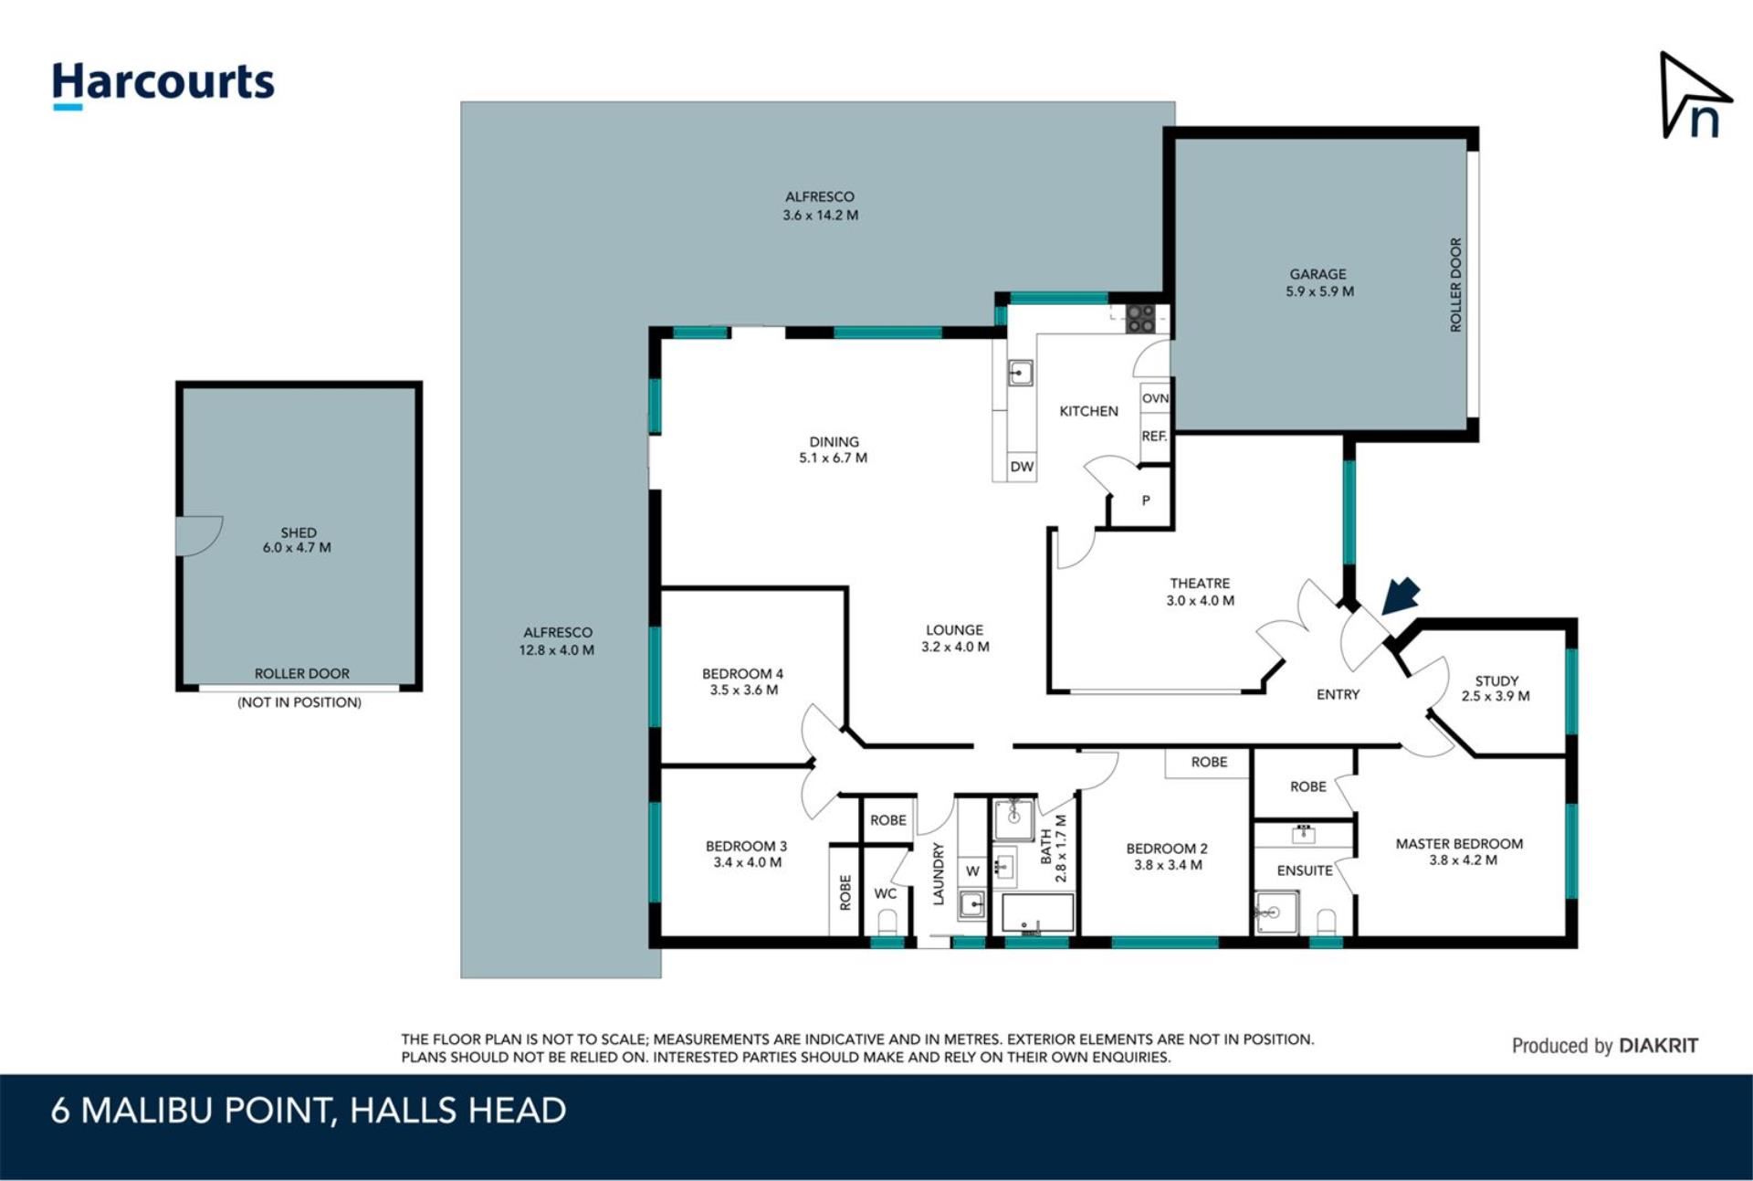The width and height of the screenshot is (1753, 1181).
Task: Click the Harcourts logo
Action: coord(163,86)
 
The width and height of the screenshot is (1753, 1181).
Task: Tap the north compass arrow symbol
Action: coord(1694,96)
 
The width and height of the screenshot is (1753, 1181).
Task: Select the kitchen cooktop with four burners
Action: coord(1140,318)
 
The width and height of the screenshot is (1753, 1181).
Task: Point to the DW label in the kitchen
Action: coord(1022,467)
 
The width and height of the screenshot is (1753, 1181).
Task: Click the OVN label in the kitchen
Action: coord(1155,398)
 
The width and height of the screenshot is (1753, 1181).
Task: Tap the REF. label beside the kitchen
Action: coord(1154,437)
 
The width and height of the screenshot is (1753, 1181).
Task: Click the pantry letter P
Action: coord(1146,501)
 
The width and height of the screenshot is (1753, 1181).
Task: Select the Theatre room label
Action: coord(1200,592)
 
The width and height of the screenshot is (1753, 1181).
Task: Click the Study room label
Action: coord(1496,689)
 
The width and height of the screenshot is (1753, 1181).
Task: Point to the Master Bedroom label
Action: coord(1459,851)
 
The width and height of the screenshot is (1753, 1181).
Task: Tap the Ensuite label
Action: coord(1305,870)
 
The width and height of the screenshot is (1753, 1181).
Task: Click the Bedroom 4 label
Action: coord(743,681)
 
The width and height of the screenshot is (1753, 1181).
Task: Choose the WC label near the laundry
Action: coord(885,893)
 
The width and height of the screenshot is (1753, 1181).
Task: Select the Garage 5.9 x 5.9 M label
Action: coord(1318,283)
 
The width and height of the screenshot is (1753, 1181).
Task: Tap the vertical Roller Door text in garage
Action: coord(1455,285)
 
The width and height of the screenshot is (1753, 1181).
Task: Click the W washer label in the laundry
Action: coord(972,871)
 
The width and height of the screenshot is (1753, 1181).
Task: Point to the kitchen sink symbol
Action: coord(1020,373)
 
